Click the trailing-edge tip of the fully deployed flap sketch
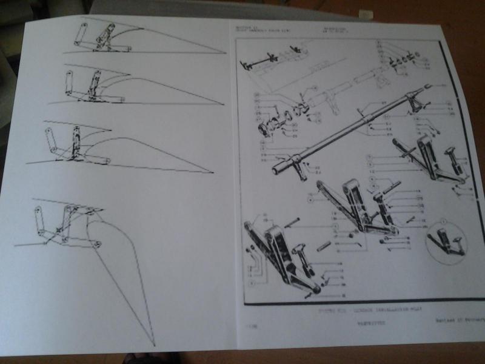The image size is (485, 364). (x=154, y=343)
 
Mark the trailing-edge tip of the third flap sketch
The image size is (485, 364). (x=214, y=172)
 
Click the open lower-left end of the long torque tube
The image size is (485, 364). (x=276, y=164)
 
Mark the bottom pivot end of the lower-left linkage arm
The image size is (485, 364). (x=312, y=291)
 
